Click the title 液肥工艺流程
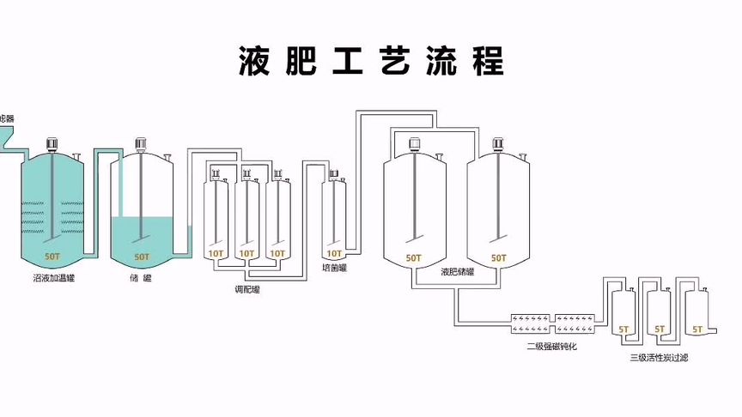371,60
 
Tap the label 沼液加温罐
52,278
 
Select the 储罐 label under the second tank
141,278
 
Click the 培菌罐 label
333,268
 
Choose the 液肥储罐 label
457,271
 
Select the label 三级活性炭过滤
659,357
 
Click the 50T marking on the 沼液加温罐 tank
52,257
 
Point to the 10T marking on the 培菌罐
333,254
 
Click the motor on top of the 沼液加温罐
52,143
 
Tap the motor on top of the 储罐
141,143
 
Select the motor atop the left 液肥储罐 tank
414,143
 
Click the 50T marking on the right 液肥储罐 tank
498,257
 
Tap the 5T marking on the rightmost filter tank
697,329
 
